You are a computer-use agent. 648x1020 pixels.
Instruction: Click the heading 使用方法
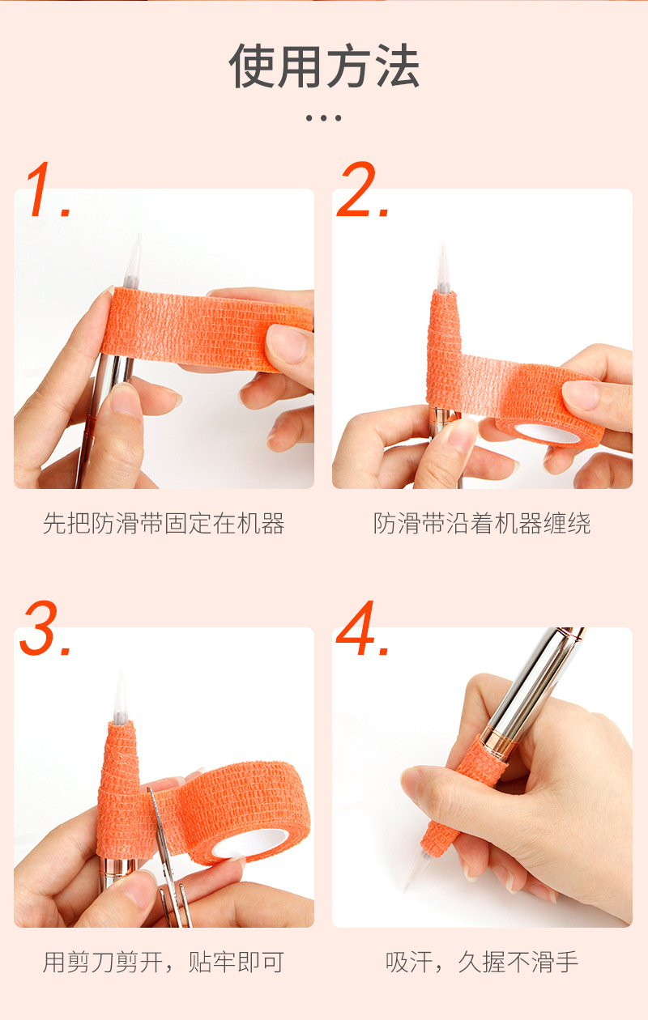point(324,66)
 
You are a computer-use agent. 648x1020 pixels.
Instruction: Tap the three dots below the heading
point(323,118)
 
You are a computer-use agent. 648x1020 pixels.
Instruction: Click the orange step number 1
point(48,189)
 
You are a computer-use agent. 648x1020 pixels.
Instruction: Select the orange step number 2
point(362,189)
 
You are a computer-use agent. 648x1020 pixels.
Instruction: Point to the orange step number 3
point(45,628)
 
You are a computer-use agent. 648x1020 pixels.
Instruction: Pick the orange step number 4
point(362,628)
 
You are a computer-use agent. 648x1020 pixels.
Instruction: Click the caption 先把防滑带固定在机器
point(164,523)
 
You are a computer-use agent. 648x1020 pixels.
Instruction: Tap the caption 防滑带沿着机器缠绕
point(482,523)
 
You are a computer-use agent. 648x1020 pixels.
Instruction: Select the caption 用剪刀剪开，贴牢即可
point(164,963)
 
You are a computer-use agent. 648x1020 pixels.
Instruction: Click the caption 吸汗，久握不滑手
point(482,963)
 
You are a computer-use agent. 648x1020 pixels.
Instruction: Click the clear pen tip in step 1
point(133,261)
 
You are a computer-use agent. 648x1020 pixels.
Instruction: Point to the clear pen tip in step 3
point(122,697)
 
